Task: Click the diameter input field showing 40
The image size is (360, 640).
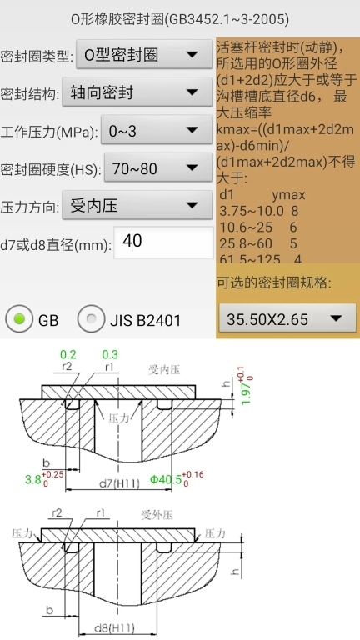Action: click(163, 242)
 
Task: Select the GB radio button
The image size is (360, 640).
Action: click(17, 318)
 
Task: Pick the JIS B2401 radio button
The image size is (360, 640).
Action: click(91, 318)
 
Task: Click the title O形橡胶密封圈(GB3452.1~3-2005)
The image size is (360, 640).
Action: click(179, 18)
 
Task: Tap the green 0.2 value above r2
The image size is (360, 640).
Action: click(68, 354)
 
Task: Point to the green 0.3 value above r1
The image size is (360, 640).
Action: click(110, 354)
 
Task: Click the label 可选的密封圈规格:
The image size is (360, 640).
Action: click(262, 282)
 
